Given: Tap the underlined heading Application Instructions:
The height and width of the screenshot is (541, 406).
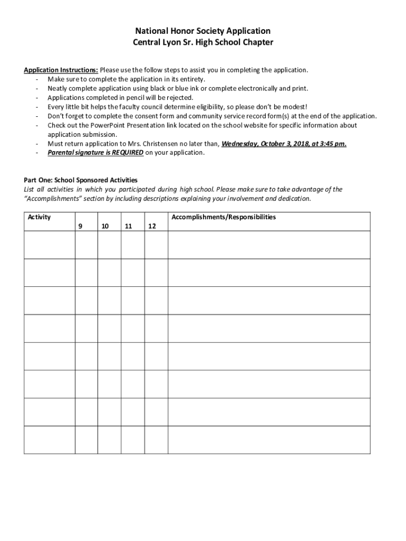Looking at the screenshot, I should [x=61, y=70].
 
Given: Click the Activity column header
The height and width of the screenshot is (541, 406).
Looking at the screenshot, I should [x=39, y=217].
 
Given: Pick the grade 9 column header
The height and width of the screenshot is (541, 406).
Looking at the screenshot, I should [x=80, y=226].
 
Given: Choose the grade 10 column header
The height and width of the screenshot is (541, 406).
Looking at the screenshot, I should [x=105, y=226].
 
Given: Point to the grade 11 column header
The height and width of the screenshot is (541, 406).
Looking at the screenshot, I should [x=129, y=226].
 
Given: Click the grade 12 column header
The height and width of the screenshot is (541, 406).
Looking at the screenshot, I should [x=152, y=226].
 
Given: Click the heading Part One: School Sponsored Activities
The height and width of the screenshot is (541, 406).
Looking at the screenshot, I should [x=81, y=180].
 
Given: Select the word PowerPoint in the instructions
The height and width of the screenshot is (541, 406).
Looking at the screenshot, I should [x=109, y=125].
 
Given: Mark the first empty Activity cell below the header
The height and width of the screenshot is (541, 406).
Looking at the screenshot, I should [x=50, y=245].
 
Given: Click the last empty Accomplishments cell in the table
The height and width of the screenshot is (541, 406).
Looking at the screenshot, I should [x=269, y=440].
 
